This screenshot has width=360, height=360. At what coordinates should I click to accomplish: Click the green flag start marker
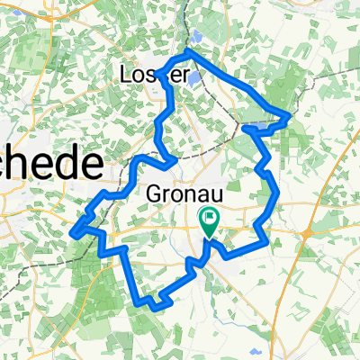click(x=210, y=219)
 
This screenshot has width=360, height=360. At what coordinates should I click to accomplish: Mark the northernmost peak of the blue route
click(x=190, y=54)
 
